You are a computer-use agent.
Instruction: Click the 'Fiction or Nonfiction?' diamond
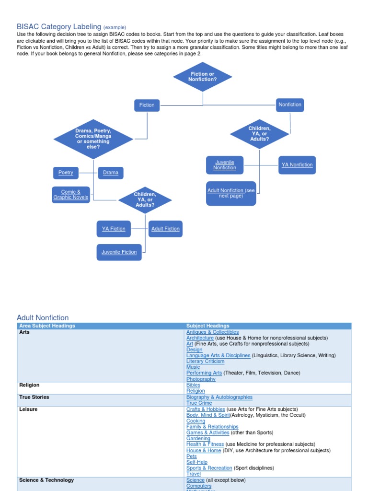202,77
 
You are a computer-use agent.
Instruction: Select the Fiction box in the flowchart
147,105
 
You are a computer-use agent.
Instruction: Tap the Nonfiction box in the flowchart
290,105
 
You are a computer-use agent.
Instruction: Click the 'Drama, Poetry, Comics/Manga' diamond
93,139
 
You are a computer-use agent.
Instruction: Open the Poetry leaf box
66,173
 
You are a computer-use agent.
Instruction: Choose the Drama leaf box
110,173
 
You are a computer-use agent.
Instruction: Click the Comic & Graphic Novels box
71,194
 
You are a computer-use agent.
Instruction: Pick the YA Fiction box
114,229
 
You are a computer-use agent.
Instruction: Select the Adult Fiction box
165,229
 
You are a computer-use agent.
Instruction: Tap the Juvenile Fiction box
119,252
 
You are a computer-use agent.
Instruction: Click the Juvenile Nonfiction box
225,165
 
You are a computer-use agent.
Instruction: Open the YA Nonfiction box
297,165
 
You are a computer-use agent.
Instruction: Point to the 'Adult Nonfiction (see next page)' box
231,193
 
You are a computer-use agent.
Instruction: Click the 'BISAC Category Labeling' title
59,27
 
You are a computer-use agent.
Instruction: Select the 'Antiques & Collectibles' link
212,332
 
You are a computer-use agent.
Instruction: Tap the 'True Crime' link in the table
199,403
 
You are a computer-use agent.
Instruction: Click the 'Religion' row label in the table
29,385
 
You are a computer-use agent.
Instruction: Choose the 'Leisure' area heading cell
28,409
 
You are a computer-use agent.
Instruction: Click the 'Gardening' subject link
198,438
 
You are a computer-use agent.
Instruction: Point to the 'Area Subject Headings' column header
47,326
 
